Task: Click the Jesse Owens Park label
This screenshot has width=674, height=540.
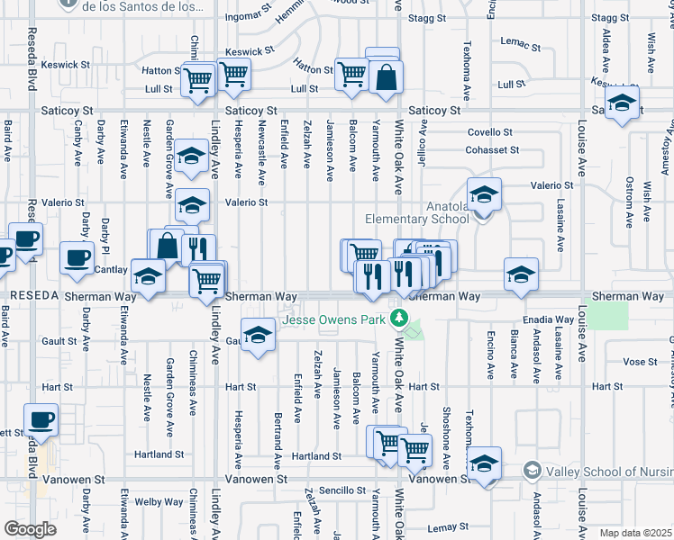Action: pyautogui.click(x=335, y=319)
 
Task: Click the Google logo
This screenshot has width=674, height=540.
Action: pyautogui.click(x=30, y=529)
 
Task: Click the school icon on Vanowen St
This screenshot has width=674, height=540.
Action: pyautogui.click(x=484, y=464)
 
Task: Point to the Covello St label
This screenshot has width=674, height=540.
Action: pyautogui.click(x=490, y=132)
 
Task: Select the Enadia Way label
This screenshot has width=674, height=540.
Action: pyautogui.click(x=552, y=319)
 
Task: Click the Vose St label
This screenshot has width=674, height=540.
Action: pyautogui.click(x=639, y=361)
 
